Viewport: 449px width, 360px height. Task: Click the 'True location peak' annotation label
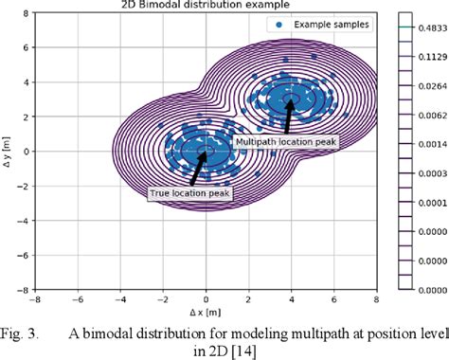189,193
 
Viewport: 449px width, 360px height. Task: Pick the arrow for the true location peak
196,171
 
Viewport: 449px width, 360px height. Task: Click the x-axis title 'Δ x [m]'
207,311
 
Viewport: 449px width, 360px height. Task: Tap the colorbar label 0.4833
430,29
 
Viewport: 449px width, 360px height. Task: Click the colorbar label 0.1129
430,55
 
